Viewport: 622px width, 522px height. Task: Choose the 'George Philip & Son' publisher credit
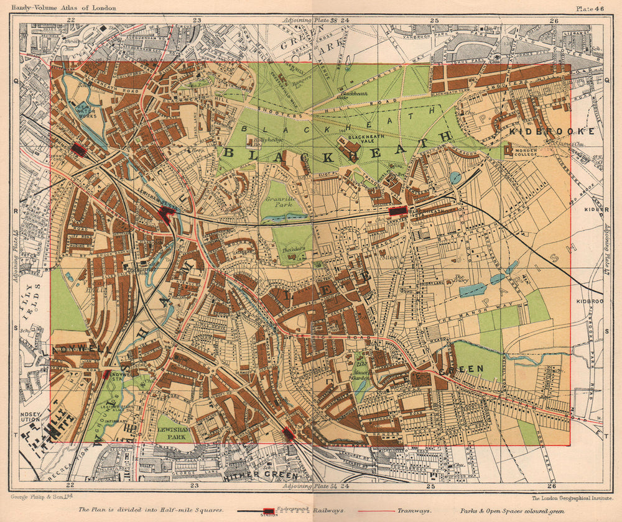pyautogui.click(x=42, y=497)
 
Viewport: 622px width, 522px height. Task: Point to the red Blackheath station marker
pyautogui.click(x=397, y=211)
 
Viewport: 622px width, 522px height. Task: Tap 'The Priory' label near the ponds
pyautogui.click(x=460, y=278)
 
